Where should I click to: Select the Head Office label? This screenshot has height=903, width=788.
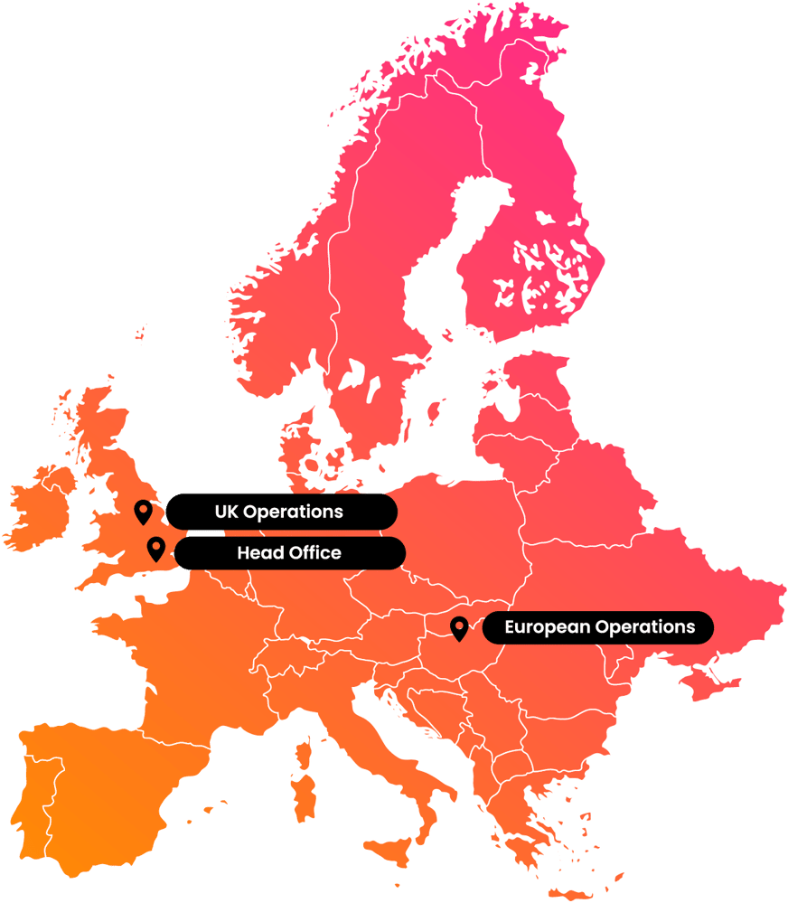click(x=289, y=553)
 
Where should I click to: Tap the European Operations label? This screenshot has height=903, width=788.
click(x=598, y=626)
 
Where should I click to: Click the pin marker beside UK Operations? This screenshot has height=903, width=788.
click(x=143, y=513)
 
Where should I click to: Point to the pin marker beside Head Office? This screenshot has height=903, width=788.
click(x=156, y=549)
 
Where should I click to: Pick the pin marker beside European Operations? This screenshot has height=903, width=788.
click(x=459, y=628)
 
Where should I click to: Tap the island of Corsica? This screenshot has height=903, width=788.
click(x=305, y=747)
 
